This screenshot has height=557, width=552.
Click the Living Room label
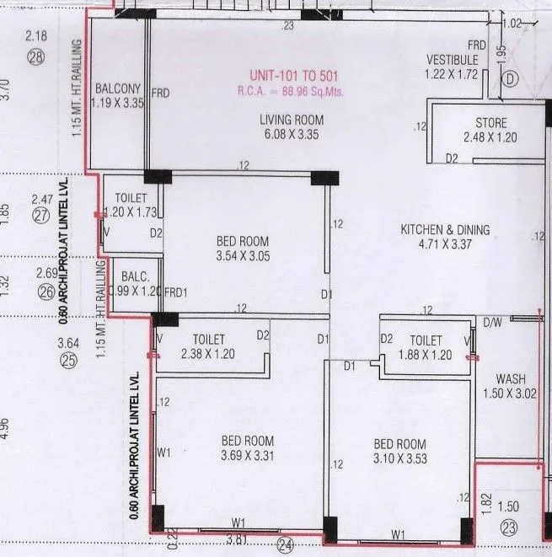(291, 121)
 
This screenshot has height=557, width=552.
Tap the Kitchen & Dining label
(445, 230)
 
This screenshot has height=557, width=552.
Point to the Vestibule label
(452, 61)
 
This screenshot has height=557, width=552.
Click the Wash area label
(511, 379)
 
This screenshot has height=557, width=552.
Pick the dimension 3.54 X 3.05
(243, 257)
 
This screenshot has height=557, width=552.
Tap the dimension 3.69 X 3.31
(247, 456)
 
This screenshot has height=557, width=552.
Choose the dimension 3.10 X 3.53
(400, 459)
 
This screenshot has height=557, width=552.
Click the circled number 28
(35, 57)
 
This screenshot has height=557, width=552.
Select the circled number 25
(68, 361)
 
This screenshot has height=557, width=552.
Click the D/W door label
(491, 320)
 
